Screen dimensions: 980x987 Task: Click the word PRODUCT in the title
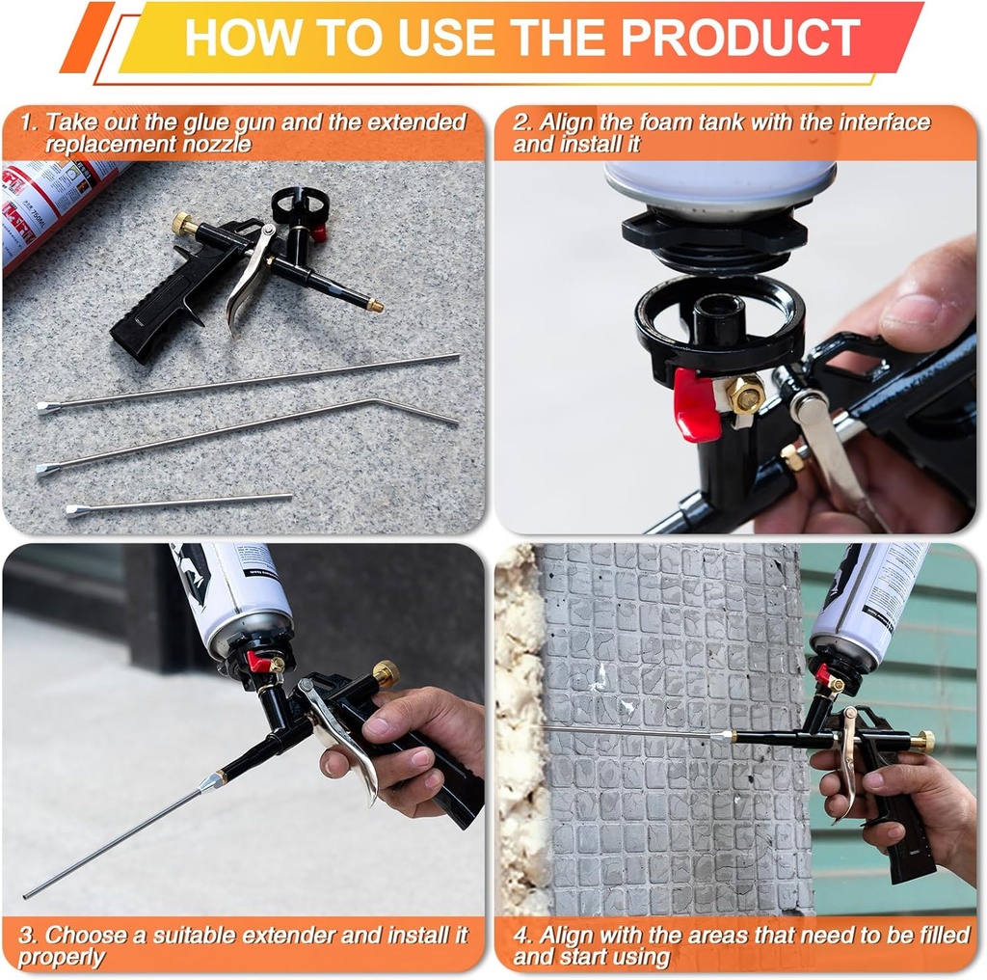point(739,38)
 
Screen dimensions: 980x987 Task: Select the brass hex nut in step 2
point(744,394)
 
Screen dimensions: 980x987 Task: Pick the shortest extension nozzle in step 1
point(179,504)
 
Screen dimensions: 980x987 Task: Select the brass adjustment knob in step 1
point(183,224)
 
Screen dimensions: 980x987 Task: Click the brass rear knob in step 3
point(386,673)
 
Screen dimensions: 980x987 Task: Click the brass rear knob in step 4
point(921,741)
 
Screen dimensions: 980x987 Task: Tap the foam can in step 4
point(867,603)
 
